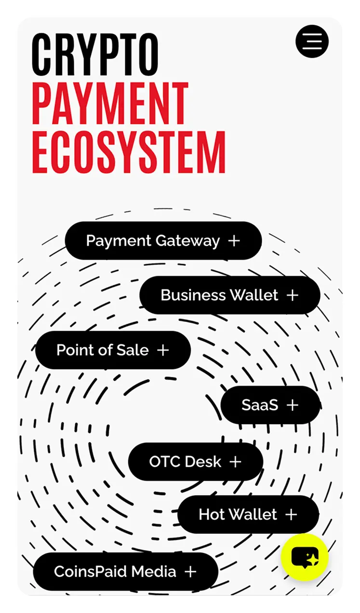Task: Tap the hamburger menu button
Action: [x=312, y=41]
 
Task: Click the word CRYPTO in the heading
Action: [x=95, y=55]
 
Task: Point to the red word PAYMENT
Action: [x=110, y=104]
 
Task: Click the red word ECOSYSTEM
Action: [x=129, y=152]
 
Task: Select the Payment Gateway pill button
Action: [x=163, y=240]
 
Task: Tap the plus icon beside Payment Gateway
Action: [x=234, y=241]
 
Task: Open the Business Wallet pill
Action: [x=230, y=295]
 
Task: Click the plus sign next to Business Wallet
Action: [x=293, y=295]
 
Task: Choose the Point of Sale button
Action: [x=113, y=350]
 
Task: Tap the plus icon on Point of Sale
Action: [x=163, y=350]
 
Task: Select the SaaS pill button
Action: [x=270, y=405]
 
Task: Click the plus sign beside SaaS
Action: [x=293, y=405]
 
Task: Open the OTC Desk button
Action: [x=196, y=462]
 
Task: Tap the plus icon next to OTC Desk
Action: [x=236, y=462]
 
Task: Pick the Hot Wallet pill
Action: [x=248, y=514]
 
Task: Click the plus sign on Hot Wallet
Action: [x=291, y=515]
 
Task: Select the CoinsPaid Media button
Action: [x=126, y=572]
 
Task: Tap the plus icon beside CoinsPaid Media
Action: [x=190, y=572]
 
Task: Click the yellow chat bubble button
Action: [x=305, y=557]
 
